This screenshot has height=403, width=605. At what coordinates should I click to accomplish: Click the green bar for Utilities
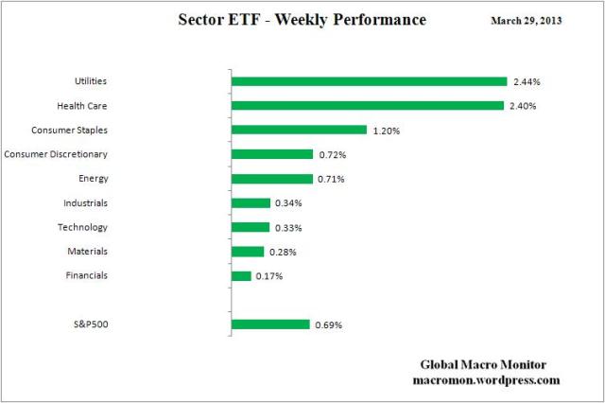(369, 81)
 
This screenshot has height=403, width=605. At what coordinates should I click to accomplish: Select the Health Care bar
(367, 106)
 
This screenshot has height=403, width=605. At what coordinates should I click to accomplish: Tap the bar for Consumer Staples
(299, 130)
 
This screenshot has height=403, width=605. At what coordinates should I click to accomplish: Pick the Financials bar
(241, 275)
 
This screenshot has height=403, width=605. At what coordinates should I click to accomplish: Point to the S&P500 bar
(270, 324)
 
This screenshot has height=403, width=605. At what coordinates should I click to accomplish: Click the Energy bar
(271, 178)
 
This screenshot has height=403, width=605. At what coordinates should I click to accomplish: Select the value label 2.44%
(526, 82)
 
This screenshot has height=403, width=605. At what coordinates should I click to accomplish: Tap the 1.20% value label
(386, 131)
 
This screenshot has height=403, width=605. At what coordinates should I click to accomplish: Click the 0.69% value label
(328, 325)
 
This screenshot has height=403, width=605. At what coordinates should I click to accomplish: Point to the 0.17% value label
(269, 276)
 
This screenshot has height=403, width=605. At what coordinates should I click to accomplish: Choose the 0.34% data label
(288, 203)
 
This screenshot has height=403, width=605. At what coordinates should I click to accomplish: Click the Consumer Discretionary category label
(56, 154)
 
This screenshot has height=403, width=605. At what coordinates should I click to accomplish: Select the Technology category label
(82, 227)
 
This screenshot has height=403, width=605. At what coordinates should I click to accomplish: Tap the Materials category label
(86, 252)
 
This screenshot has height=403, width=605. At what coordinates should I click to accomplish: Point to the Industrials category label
(84, 202)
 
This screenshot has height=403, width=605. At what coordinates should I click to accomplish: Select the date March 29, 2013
(527, 20)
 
